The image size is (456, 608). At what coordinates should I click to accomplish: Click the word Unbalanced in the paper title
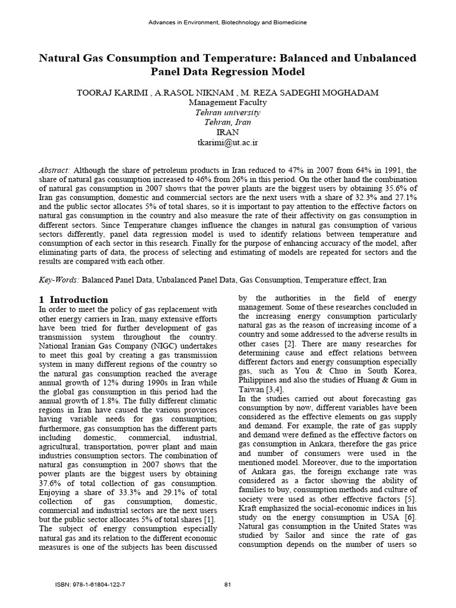(381, 58)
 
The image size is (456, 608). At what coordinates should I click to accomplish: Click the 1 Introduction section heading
(74, 300)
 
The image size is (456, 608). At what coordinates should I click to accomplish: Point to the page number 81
(227, 584)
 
